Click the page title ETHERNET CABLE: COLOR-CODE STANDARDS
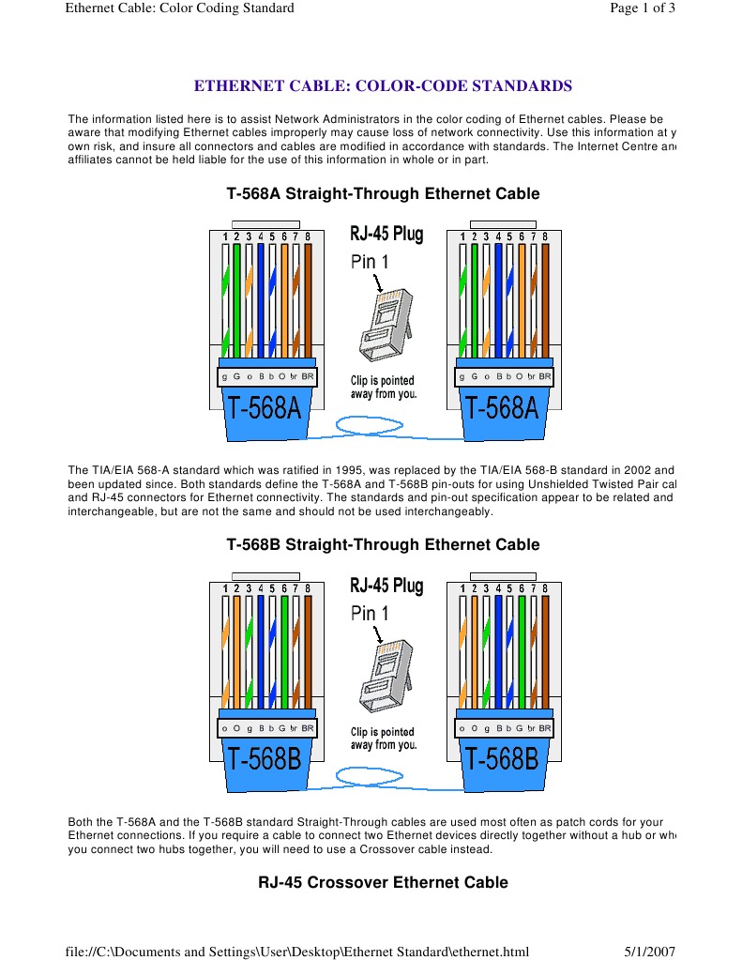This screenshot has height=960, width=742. click(383, 86)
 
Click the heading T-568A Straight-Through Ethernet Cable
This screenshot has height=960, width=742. click(383, 194)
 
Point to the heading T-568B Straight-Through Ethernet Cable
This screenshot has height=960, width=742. click(383, 544)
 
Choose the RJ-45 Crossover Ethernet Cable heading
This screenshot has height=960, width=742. click(383, 882)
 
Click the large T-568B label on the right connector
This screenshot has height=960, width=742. click(502, 758)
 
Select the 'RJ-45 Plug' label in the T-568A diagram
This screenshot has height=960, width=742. click(386, 233)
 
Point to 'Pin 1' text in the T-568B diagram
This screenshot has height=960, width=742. click(369, 613)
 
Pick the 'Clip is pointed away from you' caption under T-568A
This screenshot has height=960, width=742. click(383, 387)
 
